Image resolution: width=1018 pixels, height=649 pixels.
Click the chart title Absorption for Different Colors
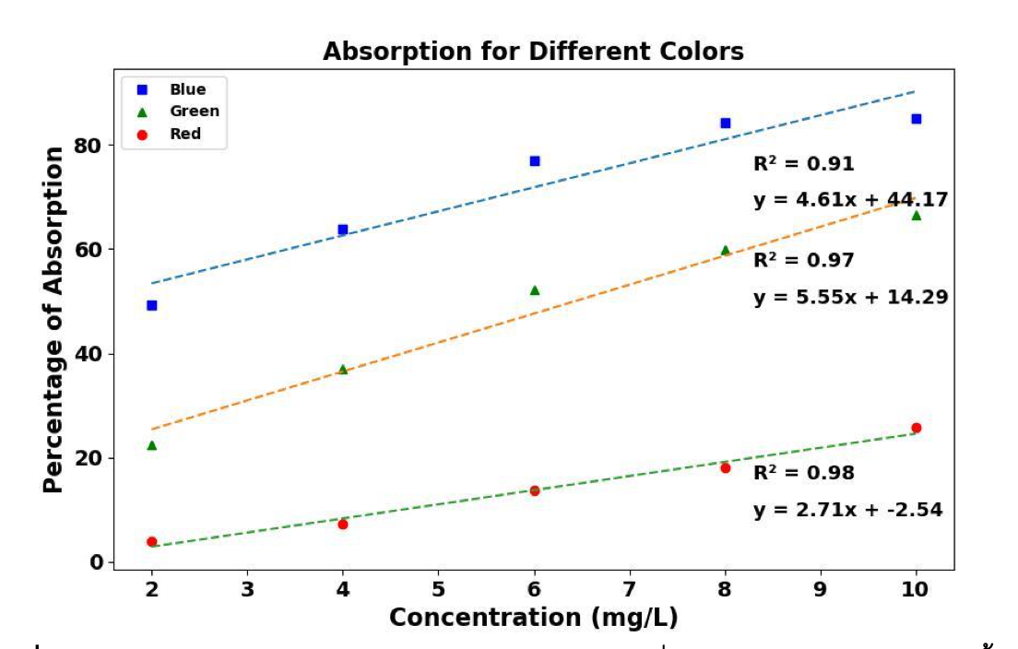point(533,53)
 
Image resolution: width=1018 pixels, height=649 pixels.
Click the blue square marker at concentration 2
point(152,305)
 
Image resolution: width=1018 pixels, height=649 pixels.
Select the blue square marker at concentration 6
point(535,161)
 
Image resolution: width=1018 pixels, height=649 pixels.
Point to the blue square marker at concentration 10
point(916,119)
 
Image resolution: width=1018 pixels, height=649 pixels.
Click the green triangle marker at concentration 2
point(152,445)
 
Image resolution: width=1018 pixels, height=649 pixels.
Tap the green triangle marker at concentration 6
point(535,289)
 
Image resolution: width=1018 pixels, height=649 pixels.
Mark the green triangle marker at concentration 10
point(916,215)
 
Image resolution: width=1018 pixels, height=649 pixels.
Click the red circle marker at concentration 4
point(343,524)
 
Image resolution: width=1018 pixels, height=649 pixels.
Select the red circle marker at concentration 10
point(916,428)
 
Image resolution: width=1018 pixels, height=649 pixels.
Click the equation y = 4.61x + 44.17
point(850,200)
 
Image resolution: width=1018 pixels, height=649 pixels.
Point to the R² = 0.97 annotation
point(803,261)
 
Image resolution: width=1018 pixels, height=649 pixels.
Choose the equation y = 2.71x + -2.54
point(847,510)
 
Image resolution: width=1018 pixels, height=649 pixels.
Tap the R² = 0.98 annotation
point(803,474)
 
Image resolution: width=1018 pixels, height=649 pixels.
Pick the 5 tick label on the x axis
point(439,589)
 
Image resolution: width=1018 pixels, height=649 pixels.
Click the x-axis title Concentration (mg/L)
point(534,618)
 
